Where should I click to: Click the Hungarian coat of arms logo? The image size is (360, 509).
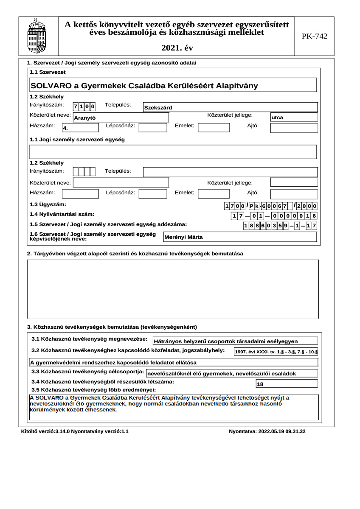[x=36, y=36]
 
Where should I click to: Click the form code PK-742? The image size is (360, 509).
[x=315, y=36]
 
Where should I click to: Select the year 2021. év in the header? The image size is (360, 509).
[x=177, y=48]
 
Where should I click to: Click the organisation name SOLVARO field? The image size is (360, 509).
[x=173, y=85]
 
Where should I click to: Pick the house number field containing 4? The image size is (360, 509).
[x=80, y=128]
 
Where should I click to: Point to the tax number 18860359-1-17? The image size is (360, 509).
[x=280, y=226]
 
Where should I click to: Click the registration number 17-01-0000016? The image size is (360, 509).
[x=274, y=216]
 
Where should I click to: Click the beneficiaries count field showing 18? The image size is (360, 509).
[x=286, y=384]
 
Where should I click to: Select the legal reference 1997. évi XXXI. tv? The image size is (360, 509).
[x=276, y=352]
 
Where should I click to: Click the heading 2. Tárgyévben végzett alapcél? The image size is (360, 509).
[x=135, y=254]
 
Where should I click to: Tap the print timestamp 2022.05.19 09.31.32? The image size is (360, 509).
[x=267, y=431]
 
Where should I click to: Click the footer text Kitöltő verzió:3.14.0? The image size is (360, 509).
[x=45, y=431]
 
